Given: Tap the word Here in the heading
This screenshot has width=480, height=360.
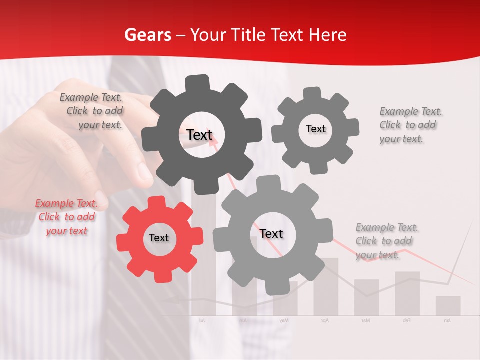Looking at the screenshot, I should (327, 35).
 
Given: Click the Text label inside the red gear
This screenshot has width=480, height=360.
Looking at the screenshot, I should (159, 238).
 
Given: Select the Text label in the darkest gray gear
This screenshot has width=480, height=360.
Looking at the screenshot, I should (199, 135).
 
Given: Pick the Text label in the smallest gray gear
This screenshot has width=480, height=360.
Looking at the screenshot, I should (315, 129).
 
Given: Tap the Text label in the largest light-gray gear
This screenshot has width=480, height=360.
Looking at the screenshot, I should (271, 233).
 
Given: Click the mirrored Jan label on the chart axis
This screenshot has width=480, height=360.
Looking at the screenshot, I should (447, 320).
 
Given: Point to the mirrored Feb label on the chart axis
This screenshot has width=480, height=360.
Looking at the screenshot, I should (407, 320).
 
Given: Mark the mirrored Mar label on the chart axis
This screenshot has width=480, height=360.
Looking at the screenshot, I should (366, 320).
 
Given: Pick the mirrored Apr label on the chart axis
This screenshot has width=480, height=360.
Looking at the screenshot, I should (325, 320).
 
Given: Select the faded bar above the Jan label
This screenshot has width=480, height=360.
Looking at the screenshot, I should (448, 306).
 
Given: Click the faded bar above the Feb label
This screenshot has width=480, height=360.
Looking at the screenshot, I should (407, 293).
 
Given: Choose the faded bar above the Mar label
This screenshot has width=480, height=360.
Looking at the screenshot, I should (366, 297).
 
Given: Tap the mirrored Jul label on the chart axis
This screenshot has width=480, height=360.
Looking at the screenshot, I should (202, 320).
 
